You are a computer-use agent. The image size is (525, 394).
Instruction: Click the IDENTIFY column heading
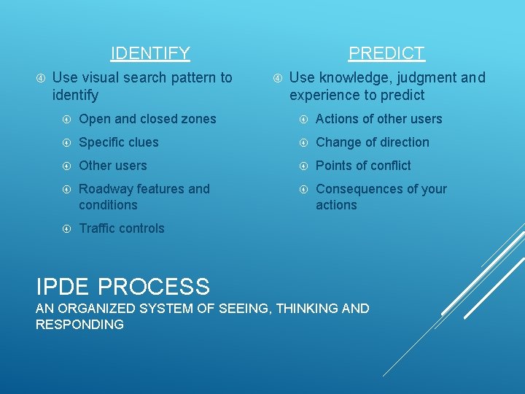pos(150,53)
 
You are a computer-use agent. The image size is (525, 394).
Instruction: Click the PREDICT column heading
pos(386,53)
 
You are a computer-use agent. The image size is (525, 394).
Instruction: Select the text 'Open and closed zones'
pos(147,119)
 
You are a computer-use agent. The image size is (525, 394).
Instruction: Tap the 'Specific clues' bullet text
pos(118,142)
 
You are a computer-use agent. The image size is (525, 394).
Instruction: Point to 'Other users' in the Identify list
pos(112,166)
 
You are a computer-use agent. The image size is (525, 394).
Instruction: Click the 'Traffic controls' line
pos(121,228)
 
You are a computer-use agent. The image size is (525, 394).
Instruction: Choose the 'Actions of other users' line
pos(378,119)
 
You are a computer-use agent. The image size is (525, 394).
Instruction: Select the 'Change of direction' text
pos(372,142)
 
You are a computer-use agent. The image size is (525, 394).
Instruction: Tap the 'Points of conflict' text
pos(363,166)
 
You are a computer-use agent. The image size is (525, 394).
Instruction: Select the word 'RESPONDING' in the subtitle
pos(79,325)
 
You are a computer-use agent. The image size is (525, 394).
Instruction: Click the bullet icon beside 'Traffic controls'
pos(66,228)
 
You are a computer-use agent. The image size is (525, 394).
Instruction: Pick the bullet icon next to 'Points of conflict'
pos(303,166)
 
